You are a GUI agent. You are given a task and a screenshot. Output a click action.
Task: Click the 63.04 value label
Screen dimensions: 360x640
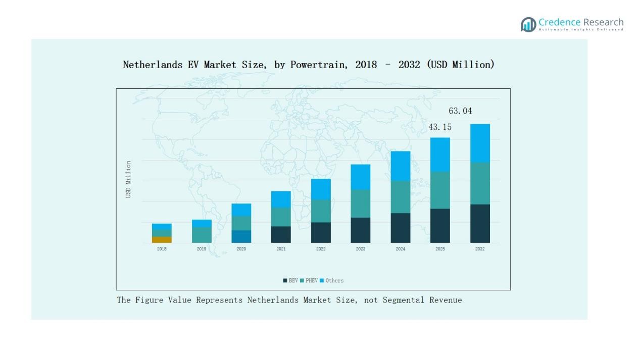tap(460, 111)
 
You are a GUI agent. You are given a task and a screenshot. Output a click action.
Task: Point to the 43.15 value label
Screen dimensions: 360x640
tap(440, 127)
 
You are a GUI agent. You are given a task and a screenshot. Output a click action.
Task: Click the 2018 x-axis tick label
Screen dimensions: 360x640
tap(162, 249)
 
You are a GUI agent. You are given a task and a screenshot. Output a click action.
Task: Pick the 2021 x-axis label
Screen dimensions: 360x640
tap(281, 249)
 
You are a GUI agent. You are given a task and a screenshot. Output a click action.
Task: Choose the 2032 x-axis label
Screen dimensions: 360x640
tap(480, 249)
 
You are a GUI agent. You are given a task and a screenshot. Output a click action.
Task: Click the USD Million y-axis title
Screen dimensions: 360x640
tap(128, 179)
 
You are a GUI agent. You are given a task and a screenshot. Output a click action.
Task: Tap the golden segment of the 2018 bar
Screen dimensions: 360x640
tap(162, 240)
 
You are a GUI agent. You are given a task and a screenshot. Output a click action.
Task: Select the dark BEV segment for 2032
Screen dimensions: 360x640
tap(480, 223)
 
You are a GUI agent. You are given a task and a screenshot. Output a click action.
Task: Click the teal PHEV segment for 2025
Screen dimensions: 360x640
tap(440, 190)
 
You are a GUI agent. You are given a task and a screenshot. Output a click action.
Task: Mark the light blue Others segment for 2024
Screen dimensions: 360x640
tap(400, 166)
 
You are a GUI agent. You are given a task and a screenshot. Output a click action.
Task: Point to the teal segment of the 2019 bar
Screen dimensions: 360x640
tap(202, 235)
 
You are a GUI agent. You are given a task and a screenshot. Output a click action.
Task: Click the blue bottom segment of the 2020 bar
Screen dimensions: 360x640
tap(241, 236)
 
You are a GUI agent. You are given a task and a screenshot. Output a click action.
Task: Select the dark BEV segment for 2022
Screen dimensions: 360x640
tap(321, 232)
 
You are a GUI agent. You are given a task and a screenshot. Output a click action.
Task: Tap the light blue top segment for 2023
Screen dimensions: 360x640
tap(361, 177)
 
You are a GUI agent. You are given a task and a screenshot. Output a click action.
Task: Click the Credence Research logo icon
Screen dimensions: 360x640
tap(528, 24)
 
